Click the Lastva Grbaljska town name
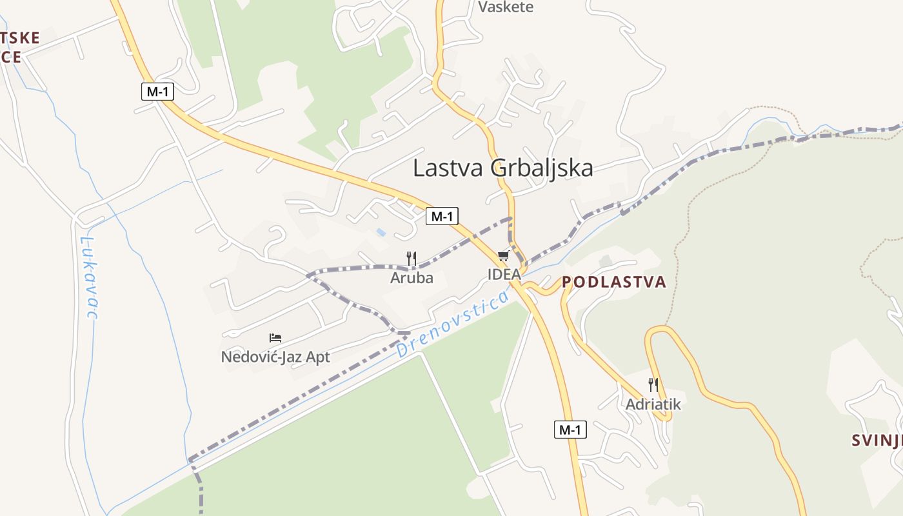(x=502, y=168)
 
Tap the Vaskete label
(x=506, y=7)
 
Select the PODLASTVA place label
(x=613, y=282)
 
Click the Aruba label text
(x=412, y=278)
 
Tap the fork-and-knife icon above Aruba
(x=412, y=259)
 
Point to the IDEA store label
(x=504, y=274)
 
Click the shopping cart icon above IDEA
(x=503, y=256)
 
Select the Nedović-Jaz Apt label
(x=275, y=357)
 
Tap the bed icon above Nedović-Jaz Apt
(x=275, y=337)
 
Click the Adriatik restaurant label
(x=653, y=404)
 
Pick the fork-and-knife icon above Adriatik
(x=653, y=385)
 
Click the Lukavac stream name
(x=88, y=277)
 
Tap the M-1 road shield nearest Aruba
(x=442, y=216)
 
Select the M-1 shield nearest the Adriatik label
(x=570, y=430)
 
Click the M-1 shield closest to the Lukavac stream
(x=157, y=92)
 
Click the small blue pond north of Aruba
(x=381, y=232)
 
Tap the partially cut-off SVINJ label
(x=876, y=441)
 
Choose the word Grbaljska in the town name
(x=542, y=168)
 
